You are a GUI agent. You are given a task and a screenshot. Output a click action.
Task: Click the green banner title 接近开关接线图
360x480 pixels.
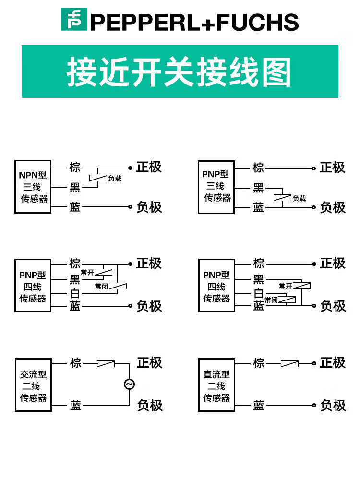coord(180,72)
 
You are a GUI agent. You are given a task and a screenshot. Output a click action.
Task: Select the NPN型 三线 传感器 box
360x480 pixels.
coord(33,187)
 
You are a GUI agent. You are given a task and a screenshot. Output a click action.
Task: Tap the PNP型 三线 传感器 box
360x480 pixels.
coord(216,187)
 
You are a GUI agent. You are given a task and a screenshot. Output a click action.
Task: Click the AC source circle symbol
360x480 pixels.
coord(129,384)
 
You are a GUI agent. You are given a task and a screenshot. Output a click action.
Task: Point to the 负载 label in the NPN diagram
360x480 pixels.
coord(115,179)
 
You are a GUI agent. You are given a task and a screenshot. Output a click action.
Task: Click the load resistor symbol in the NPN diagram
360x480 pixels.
coord(98,178)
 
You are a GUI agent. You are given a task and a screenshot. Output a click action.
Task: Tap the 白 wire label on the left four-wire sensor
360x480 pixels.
coord(75,293)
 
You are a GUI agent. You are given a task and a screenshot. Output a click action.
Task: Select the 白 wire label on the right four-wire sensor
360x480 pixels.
coord(259,293)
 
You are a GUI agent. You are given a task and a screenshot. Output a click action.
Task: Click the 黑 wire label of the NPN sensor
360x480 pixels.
coord(75,188)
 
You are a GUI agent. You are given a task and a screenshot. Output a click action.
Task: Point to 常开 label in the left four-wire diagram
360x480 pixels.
coord(87,273)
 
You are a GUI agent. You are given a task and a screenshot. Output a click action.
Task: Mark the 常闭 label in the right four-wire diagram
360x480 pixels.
coord(271,300)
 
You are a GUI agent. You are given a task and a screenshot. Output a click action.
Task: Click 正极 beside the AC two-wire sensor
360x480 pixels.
coord(149,363)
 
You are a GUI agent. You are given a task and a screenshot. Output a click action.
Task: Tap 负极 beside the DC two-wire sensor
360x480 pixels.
coord(333,406)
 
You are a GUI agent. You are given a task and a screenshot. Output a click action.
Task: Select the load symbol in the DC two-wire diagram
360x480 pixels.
coord(289,364)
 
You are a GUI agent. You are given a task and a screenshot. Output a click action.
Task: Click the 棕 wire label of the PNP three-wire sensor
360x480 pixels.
coord(259,168)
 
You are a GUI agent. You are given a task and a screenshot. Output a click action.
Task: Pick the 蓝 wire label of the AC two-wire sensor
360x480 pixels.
coord(75,406)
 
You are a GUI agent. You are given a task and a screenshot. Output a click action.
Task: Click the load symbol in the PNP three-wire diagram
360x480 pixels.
coord(282,198)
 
